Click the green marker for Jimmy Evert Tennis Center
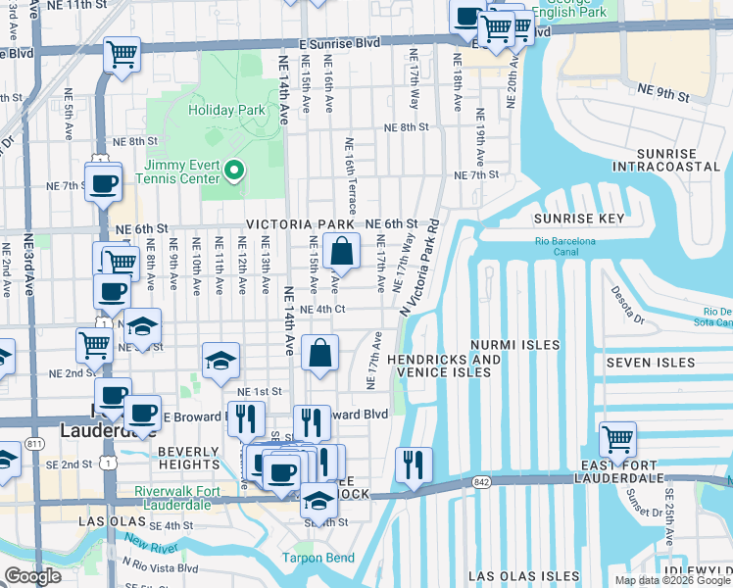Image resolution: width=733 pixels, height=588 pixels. pyautogui.click(x=233, y=171)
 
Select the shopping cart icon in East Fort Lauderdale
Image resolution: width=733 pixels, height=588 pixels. pyautogui.click(x=617, y=440)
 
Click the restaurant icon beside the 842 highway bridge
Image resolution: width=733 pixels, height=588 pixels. pyautogui.click(x=414, y=465)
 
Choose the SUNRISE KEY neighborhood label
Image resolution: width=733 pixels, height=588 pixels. pyautogui.click(x=578, y=219)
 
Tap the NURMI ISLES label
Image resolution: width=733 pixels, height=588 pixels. pyautogui.click(x=514, y=345)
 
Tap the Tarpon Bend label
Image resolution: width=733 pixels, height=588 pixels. pyautogui.click(x=313, y=559)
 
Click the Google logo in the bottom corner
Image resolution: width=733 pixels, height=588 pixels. pyautogui.click(x=32, y=576)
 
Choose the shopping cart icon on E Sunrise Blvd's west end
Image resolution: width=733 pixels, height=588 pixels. pyautogui.click(x=122, y=55)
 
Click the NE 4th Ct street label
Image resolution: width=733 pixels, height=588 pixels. pyautogui.click(x=323, y=310)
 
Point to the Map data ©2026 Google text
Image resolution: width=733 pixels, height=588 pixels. pyautogui.click(x=672, y=580)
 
